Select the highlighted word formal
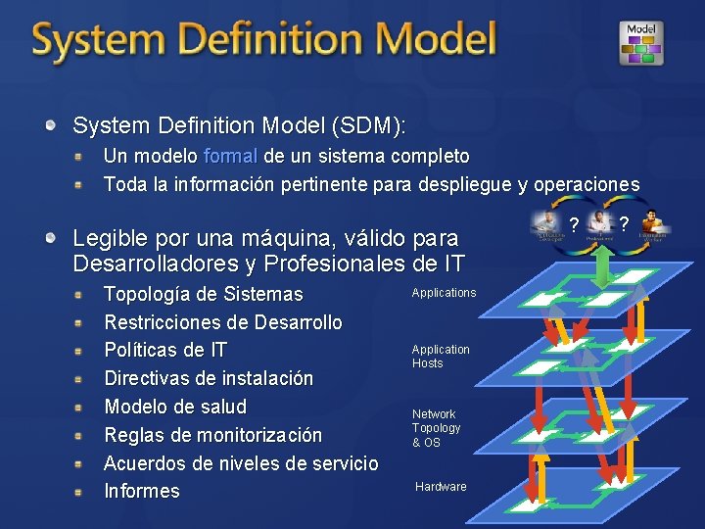[231, 157]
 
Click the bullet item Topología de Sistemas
[203, 294]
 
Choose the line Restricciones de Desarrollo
[222, 322]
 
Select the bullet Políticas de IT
[164, 350]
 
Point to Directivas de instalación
[209, 378]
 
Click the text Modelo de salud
[175, 407]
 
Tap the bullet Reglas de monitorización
[212, 435]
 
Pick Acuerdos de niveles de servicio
[240, 462]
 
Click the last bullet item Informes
[142, 491]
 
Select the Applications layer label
[444, 293]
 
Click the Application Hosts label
[441, 357]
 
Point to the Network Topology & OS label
[436, 428]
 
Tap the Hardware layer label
[441, 487]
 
